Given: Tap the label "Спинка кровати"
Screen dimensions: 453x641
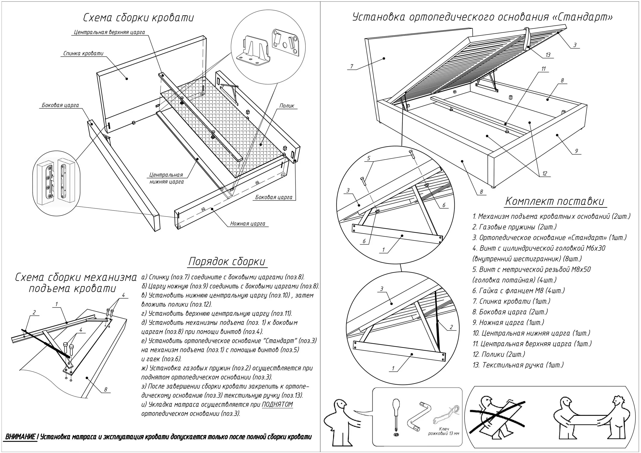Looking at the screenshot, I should (83, 53).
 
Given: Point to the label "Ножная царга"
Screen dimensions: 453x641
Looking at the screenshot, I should (247, 224).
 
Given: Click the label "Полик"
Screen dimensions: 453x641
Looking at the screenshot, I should (287, 106).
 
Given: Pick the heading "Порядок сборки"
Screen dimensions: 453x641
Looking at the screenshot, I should (226, 262).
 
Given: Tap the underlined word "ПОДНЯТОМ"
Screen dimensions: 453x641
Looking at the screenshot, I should (277, 405).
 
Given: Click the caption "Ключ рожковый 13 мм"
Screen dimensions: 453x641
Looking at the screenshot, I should (443, 431).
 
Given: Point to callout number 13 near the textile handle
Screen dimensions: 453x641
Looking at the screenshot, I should (548, 55).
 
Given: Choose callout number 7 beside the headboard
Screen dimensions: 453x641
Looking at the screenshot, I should (352, 66).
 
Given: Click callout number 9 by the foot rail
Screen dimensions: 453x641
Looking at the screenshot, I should (576, 151).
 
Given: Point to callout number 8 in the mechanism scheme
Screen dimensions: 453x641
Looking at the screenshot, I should (106, 390).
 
